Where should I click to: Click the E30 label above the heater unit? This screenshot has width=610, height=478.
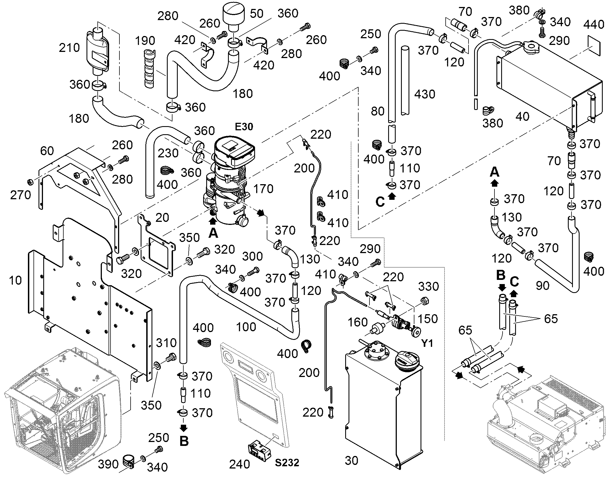244,127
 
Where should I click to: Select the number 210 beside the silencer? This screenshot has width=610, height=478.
69,48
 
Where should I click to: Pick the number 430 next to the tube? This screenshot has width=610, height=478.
424,94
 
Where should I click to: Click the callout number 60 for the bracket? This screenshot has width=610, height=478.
47,151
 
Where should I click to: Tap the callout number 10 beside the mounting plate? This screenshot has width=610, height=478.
15,280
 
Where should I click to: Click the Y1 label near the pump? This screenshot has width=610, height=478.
427,343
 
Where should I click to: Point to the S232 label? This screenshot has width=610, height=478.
287,463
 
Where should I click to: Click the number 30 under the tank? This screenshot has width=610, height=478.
351,461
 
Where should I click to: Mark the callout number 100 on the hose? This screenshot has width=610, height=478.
246,327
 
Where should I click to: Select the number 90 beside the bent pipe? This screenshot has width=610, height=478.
542,286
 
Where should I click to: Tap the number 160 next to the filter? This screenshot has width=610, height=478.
358,322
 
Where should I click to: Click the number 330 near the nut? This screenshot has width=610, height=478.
428,286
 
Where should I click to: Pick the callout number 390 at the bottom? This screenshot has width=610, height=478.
108,464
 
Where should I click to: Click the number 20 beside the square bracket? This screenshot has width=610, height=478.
162,218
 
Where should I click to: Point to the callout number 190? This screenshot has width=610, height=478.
145,41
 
